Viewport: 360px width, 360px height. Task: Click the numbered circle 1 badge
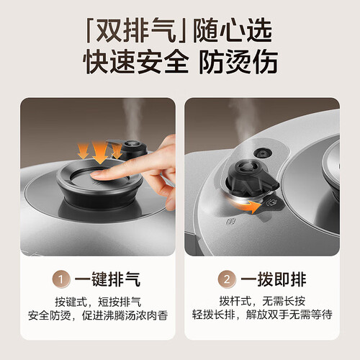point(61,279)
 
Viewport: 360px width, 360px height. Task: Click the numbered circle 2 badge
point(227,279)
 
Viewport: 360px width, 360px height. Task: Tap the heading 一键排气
point(107,279)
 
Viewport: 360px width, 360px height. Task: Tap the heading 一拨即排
point(274,279)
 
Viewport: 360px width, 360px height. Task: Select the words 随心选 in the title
point(233,31)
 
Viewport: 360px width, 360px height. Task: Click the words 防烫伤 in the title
point(238,62)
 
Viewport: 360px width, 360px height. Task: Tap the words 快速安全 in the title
point(135,62)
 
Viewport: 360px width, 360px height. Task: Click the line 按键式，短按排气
point(98,302)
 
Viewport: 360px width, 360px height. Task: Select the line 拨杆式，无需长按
point(262,301)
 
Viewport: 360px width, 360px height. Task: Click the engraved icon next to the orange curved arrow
point(271,203)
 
